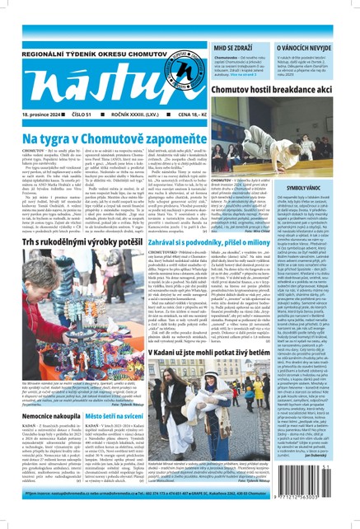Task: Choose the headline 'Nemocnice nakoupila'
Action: pos(45,442)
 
